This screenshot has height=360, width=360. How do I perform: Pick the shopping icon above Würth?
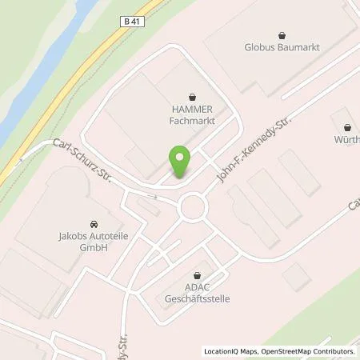coord(346,127)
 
